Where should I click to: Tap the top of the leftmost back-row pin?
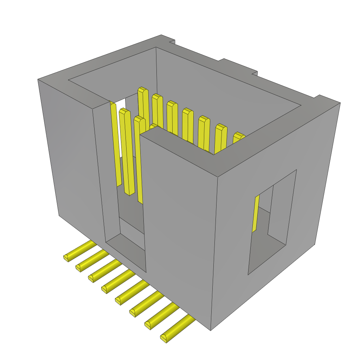click(142, 90)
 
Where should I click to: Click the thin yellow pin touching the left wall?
click(116, 144)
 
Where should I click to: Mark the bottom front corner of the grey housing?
click(211, 330)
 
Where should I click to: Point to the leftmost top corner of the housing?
click(38, 80)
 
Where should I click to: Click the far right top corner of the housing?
click(340, 103)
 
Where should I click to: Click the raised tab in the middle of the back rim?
click(238, 65)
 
